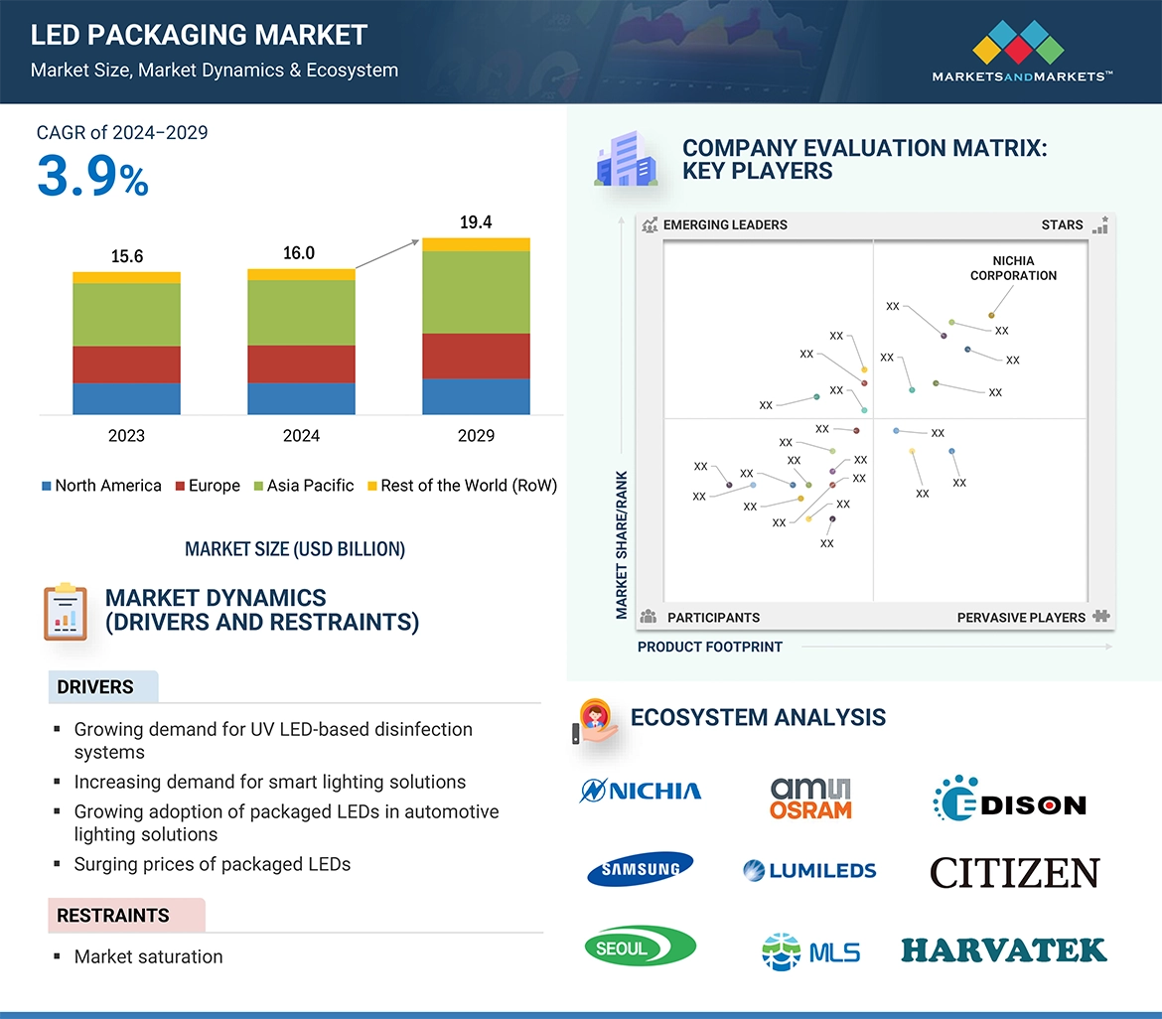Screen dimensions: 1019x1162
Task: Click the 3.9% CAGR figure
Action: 92,177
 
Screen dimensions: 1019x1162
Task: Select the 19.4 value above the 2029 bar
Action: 476,222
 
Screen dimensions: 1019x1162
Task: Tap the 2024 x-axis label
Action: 301,435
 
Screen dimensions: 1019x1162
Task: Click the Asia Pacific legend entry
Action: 310,486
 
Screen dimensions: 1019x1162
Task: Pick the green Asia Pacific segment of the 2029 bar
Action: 476,292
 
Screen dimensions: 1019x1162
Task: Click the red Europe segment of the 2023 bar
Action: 126,364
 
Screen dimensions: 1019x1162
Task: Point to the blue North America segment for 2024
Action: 301,398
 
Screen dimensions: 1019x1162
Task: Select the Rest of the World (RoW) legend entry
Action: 468,486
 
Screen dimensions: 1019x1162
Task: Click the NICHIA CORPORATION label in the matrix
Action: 1013,268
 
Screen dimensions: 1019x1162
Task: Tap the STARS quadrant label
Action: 1062,224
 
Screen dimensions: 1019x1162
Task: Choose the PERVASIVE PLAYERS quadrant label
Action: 1021,618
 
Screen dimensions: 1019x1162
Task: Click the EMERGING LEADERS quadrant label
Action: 724,224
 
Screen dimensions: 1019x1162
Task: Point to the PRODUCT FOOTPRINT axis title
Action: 709,647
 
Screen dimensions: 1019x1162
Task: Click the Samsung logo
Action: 641,869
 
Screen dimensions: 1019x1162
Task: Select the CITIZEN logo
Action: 1014,873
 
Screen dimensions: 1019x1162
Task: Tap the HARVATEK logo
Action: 1003,949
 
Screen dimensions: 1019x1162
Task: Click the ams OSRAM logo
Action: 811,798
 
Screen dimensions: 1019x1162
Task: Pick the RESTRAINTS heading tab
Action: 113,916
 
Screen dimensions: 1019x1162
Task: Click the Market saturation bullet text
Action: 149,956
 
